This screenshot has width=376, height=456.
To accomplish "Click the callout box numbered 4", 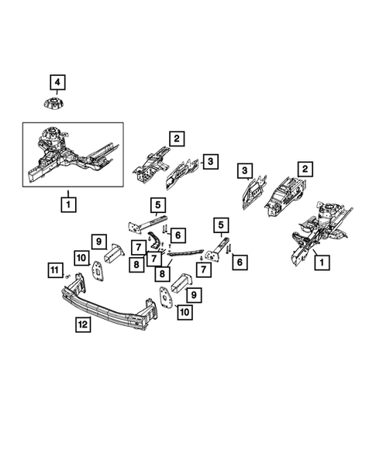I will [x=59, y=81].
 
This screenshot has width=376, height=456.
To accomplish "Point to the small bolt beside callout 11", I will [x=68, y=276].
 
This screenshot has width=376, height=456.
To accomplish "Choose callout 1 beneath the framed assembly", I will [x=69, y=204].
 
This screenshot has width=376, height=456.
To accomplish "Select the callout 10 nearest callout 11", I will [x=81, y=257].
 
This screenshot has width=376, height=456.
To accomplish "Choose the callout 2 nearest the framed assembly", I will [x=178, y=139].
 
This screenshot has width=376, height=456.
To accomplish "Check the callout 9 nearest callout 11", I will [x=99, y=241].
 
